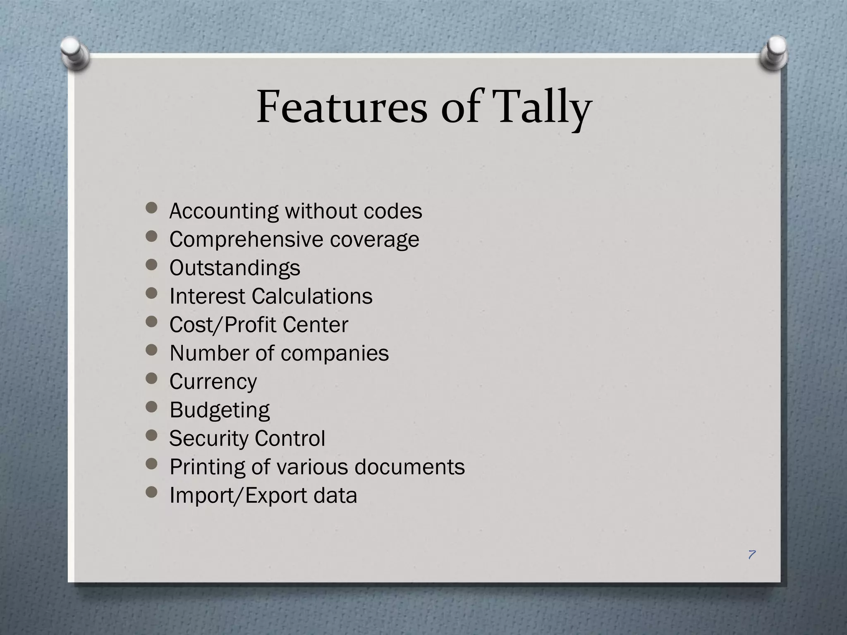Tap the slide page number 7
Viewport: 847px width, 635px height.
(x=751, y=554)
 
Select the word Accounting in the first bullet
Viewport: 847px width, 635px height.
(x=224, y=211)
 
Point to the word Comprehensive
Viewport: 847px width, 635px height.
(x=246, y=239)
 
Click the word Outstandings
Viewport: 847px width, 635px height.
(x=234, y=268)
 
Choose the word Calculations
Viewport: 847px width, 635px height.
(x=312, y=296)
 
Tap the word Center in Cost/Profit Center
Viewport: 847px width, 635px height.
(x=315, y=325)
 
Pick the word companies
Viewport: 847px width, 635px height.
(x=335, y=353)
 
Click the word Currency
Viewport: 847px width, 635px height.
(x=213, y=382)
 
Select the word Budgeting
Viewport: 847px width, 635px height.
(x=220, y=410)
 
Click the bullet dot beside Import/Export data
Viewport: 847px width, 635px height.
(x=152, y=492)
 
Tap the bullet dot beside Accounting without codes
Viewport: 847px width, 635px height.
(x=152, y=208)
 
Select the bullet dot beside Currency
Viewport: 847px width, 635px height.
(x=152, y=378)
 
